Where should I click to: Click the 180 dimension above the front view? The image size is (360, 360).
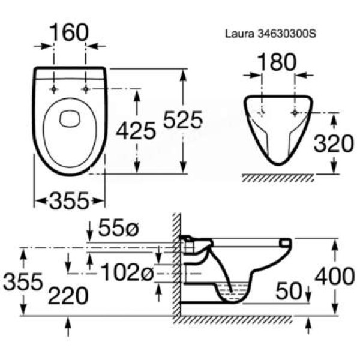click(277, 62)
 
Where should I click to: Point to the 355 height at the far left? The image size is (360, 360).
click(22, 281)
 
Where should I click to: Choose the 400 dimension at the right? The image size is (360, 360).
click(334, 277)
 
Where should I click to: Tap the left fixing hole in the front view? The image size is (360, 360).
click(263, 113)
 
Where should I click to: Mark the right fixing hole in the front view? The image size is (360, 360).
click(294, 113)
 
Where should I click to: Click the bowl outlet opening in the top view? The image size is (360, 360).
click(70, 118)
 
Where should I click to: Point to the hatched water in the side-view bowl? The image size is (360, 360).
click(233, 295)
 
